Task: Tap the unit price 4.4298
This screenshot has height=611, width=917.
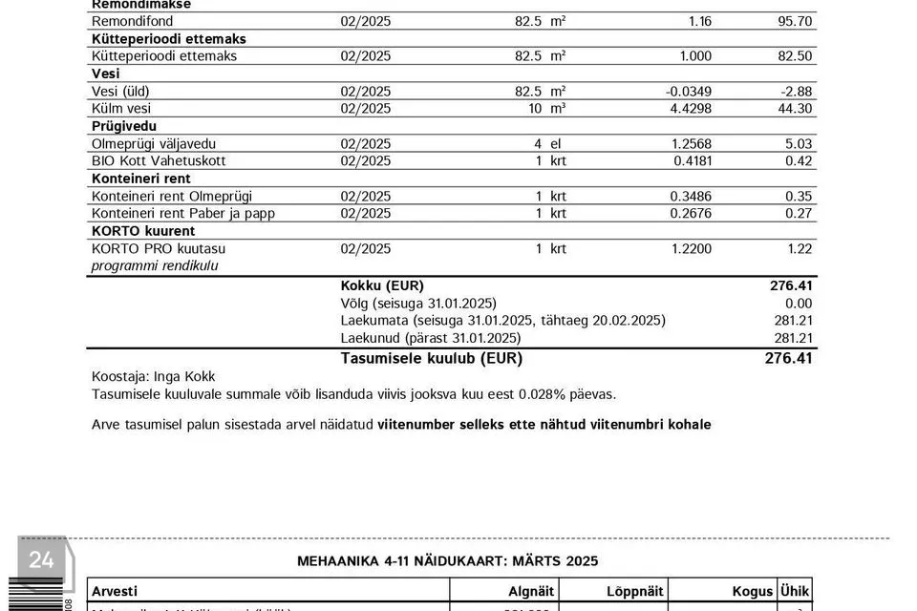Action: [x=688, y=109]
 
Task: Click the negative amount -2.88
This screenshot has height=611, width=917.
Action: [x=794, y=92]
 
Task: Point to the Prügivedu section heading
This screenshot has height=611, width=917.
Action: [x=124, y=126]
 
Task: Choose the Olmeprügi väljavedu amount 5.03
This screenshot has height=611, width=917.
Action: [x=798, y=144]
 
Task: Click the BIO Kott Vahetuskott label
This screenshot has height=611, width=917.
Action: [x=159, y=161]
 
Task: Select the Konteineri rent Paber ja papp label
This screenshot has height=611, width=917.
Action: [x=183, y=214]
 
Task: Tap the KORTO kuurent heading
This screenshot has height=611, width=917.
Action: [x=143, y=231]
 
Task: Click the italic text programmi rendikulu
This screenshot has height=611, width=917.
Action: [x=155, y=266]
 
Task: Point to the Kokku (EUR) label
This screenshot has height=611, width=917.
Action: [x=382, y=285]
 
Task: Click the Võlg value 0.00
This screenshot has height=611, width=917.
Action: [x=797, y=304]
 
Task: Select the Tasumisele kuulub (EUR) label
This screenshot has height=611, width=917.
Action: [x=432, y=359]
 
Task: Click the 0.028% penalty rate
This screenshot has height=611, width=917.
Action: [x=542, y=394]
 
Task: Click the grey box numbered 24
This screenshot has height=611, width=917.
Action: [x=41, y=560]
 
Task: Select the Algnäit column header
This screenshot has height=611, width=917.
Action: [x=532, y=591]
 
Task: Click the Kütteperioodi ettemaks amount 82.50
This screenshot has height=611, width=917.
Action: [x=795, y=56]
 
